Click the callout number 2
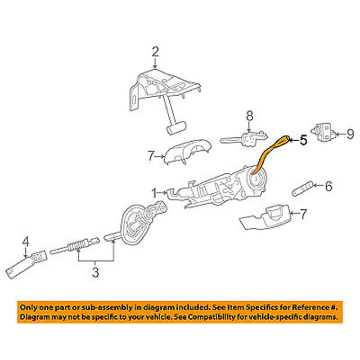[155, 52]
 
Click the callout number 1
[154, 192]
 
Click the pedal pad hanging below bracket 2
[176, 129]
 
